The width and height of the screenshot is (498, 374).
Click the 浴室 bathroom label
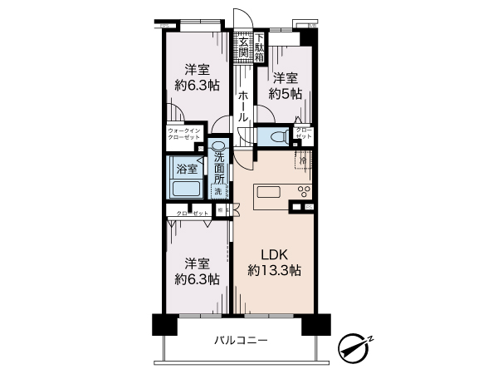coord(186,170)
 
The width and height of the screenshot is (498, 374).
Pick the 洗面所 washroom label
coord(219,169)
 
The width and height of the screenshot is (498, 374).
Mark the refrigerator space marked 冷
coord(305,160)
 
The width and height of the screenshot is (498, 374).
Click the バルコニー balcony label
coord(241,340)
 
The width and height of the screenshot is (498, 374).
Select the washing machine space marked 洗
coord(218,192)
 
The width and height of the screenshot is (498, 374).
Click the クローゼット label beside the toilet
coord(305,133)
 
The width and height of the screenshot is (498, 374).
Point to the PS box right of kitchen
coord(309,205)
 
